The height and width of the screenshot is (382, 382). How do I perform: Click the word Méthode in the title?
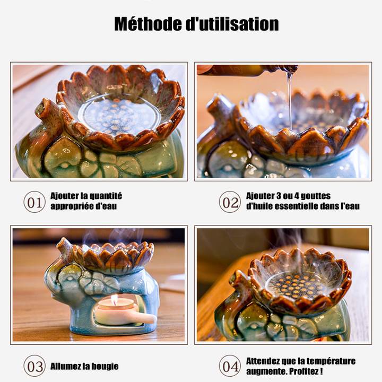(148, 24)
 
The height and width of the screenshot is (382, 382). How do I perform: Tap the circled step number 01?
(34, 202)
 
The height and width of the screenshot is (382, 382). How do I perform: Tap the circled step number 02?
(230, 202)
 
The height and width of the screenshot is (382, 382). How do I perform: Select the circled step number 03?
(34, 366)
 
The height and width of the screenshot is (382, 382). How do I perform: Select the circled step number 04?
(230, 366)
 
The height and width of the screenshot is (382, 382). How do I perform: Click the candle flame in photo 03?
(114, 299)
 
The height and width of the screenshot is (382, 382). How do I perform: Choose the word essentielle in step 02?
(294, 206)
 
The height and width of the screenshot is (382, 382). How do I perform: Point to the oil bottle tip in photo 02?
(293, 69)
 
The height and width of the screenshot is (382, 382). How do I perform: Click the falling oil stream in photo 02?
(290, 100)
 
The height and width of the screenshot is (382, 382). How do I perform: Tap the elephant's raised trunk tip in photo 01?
(42, 107)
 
